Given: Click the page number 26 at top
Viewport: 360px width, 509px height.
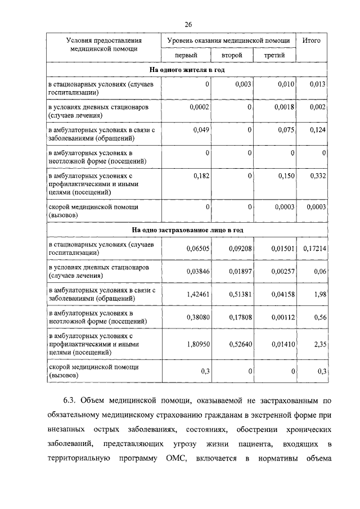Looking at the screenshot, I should tap(188, 24).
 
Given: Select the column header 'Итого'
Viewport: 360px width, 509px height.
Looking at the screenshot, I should tap(312, 40).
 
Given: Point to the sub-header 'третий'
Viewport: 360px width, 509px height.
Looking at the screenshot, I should tap(274, 56).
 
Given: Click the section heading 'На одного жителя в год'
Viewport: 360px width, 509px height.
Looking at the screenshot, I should tap(188, 70).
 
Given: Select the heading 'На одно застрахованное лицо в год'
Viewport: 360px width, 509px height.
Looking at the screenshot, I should tap(188, 230).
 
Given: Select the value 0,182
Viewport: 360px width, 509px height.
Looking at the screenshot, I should tap(201, 175).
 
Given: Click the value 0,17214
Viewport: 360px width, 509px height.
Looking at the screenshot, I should tap(315, 247).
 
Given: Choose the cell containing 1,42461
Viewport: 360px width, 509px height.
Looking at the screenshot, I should tap(198, 294).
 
